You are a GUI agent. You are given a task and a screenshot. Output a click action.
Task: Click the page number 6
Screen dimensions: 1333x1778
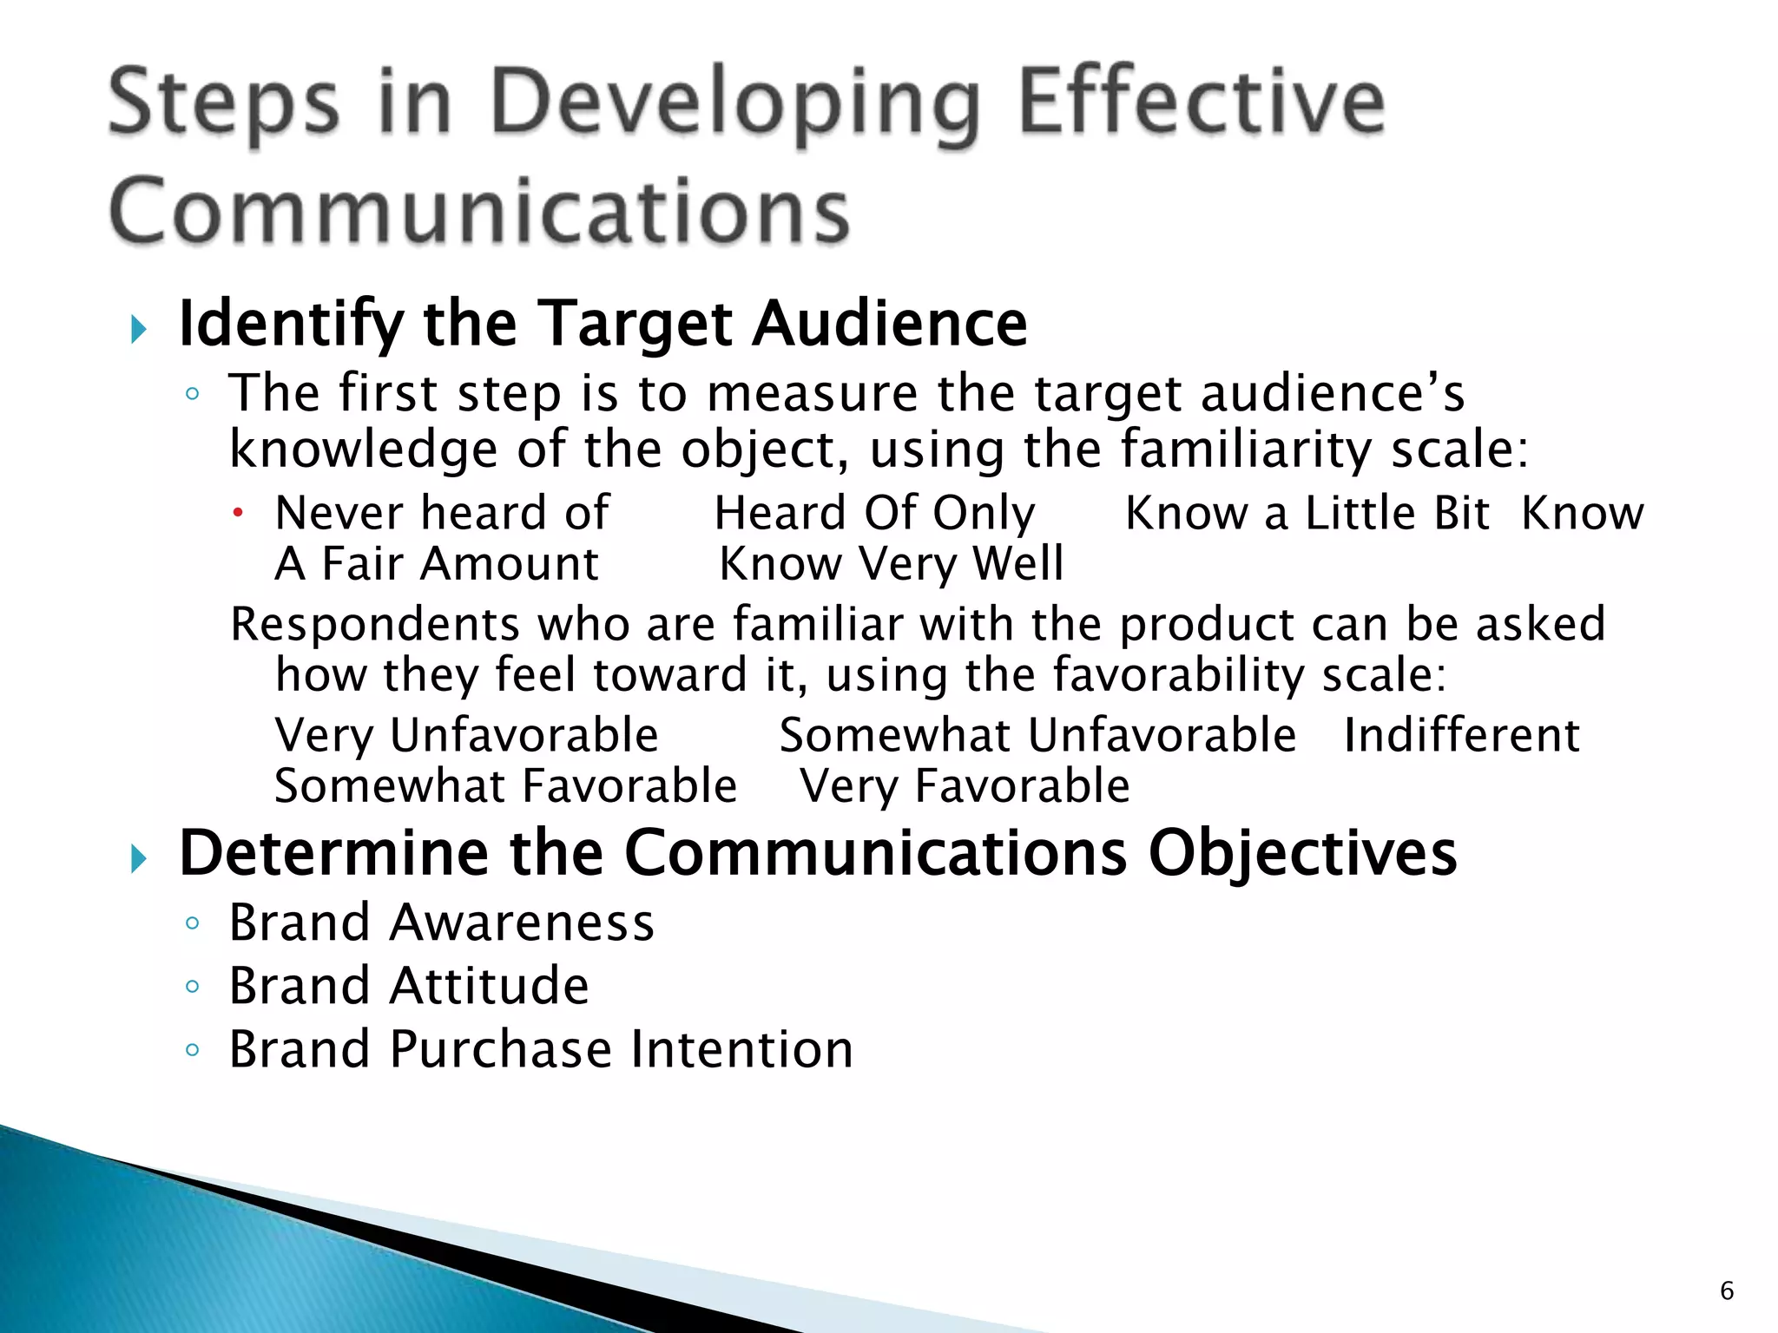click(x=1727, y=1290)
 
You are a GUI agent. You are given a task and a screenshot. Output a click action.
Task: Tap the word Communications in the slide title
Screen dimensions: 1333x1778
click(x=479, y=211)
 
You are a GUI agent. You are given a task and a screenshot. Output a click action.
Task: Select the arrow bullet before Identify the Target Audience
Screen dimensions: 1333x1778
click(x=138, y=329)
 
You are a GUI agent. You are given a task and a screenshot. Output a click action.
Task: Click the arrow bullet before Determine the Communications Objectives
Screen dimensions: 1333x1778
click(x=138, y=859)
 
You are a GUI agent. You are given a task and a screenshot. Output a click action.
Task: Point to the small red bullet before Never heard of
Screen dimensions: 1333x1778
click(x=237, y=513)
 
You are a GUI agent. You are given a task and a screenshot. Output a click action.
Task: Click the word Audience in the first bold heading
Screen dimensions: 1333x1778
click(x=889, y=324)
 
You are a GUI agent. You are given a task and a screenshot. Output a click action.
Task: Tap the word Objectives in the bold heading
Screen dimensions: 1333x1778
click(x=1302, y=854)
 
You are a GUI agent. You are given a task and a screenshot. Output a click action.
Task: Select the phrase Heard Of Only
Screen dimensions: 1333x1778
click(x=874, y=513)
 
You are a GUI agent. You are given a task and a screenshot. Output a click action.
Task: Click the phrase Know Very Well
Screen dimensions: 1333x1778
click(x=891, y=564)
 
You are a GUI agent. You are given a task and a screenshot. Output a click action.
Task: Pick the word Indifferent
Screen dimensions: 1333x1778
click(x=1461, y=735)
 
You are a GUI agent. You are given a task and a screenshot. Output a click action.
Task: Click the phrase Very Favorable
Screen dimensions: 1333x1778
click(x=965, y=786)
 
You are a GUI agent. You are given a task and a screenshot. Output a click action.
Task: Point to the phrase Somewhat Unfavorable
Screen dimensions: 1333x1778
click(x=1037, y=735)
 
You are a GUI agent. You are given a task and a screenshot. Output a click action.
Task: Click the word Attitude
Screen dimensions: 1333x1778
click(x=489, y=986)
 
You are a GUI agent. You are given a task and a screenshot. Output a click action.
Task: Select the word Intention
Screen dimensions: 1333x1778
click(x=742, y=1049)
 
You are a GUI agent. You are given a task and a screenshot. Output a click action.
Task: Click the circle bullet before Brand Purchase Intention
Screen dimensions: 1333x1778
click(x=193, y=1050)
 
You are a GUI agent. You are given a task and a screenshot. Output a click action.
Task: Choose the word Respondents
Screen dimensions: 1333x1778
click(x=374, y=625)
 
